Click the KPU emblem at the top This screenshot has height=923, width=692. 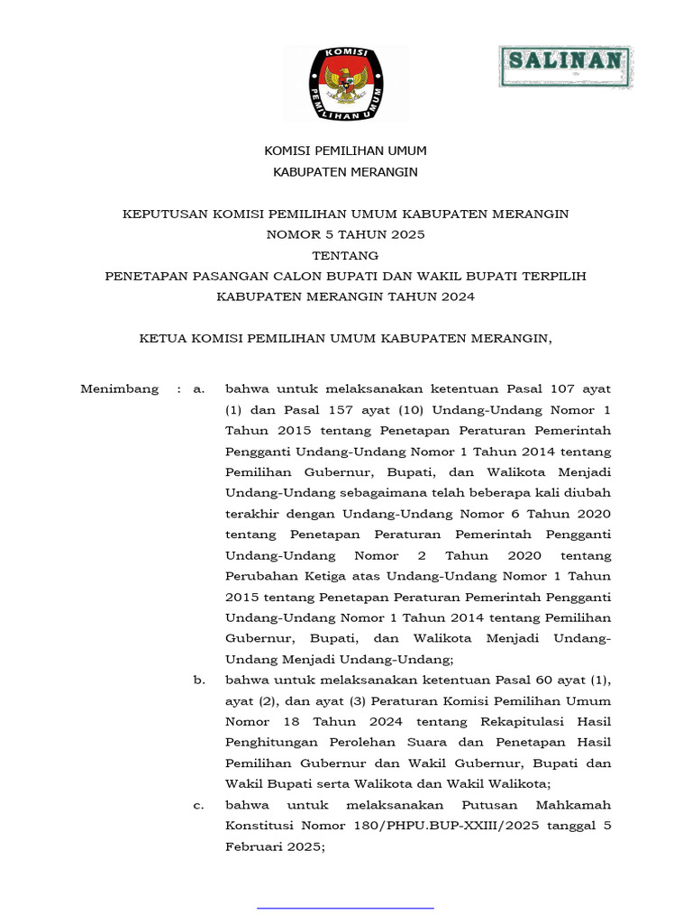pos(345,83)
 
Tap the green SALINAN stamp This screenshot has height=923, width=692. pos(566,66)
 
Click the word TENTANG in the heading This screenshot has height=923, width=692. pos(345,255)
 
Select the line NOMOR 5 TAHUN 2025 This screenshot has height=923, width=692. pos(345,234)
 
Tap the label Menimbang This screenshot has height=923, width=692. pos(119,389)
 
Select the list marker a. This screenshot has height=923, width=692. pos(198,389)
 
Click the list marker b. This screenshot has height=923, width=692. pos(198,680)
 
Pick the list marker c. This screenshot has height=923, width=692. pos(198,805)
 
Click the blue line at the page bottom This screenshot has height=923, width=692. pos(345,907)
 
